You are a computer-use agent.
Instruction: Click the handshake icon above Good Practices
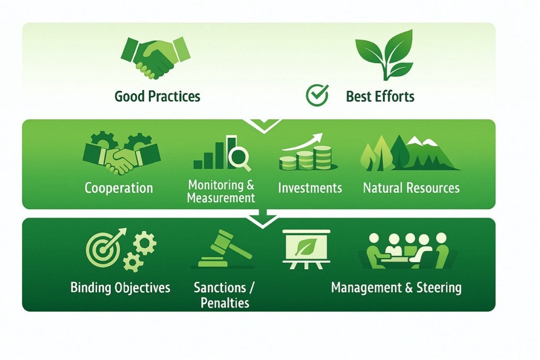[155, 58]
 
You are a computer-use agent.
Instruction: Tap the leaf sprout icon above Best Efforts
[385, 55]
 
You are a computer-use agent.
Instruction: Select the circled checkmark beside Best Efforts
[317, 95]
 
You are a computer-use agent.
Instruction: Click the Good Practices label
[157, 96]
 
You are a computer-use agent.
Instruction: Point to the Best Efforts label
[380, 96]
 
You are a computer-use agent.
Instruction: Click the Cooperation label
[119, 188]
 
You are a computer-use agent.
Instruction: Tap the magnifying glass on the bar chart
[239, 159]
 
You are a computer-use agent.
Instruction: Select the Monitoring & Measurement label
[221, 191]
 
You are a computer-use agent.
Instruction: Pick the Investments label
[310, 188]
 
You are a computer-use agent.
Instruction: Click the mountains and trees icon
[410, 153]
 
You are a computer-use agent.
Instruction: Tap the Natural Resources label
[411, 188]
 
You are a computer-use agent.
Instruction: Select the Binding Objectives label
[120, 288]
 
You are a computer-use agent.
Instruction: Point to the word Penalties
[225, 303]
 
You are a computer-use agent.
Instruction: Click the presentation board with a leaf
[306, 249]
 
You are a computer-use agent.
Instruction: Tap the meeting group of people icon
[407, 251]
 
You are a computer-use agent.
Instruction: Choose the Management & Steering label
[396, 288]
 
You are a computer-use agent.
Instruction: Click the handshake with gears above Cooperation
[122, 153]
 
